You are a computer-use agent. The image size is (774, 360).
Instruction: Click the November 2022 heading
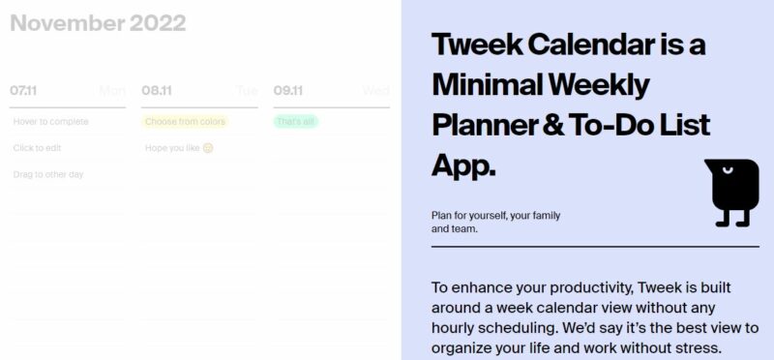[97, 23]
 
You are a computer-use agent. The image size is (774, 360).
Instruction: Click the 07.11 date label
[23, 91]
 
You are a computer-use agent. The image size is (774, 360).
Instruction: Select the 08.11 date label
[156, 91]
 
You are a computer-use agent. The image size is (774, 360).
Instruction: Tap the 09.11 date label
[288, 91]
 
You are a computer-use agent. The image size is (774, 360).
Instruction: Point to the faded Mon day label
[112, 91]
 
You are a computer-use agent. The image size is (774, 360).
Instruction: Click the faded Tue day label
[247, 91]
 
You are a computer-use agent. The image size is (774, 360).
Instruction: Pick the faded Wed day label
[375, 91]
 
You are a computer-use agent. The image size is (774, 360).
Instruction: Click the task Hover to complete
[50, 122]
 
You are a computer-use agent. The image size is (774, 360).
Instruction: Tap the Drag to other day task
[48, 174]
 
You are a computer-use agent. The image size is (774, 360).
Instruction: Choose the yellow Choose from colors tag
[185, 122]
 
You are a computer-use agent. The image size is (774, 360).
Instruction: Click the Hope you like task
[171, 148]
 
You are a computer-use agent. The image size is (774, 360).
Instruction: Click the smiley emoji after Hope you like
[207, 148]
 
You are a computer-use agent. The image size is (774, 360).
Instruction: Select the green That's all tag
[295, 122]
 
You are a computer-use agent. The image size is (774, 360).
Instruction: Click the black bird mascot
[732, 192]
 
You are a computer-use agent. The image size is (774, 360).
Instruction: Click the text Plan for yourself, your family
[495, 215]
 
